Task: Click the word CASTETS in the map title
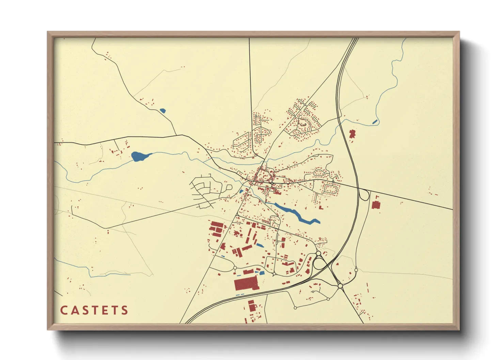pos(94,310)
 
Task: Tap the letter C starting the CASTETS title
pos(64,310)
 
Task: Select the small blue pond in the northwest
pos(162,111)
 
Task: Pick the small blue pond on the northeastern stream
pos(375,121)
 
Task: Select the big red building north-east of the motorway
pos(352,133)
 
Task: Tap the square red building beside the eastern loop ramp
pos(376,205)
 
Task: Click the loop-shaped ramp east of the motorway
pos(365,195)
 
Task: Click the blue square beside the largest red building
pos(262,273)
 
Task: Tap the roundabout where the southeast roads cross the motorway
pos(340,286)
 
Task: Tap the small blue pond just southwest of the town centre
pos(241,191)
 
